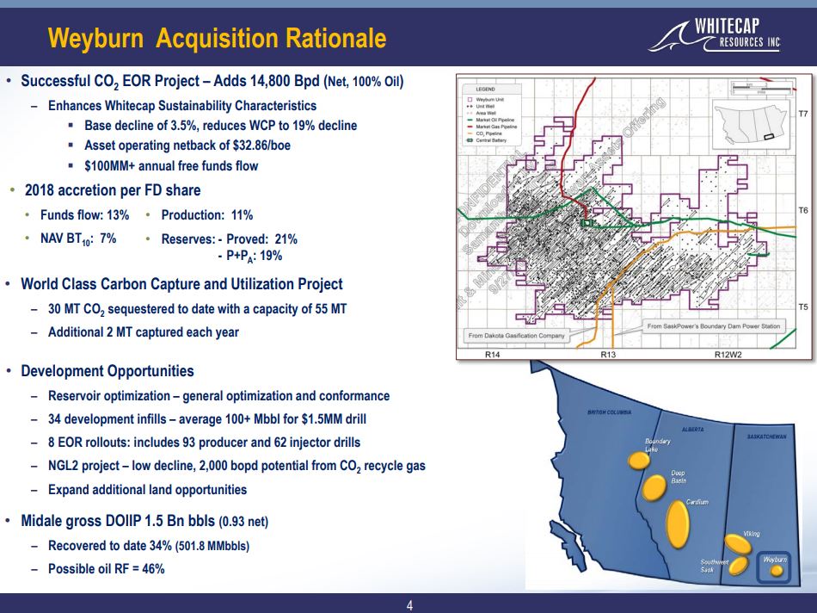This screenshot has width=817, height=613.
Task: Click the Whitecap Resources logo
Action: tap(718, 34)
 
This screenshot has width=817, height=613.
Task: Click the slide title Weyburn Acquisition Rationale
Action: tap(218, 39)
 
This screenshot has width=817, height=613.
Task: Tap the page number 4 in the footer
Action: tap(409, 604)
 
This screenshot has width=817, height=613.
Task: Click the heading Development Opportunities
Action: tap(107, 371)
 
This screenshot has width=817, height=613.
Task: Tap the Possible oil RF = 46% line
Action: tap(106, 569)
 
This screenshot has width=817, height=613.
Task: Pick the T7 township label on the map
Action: tap(803, 114)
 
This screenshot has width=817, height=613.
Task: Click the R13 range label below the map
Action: tap(608, 353)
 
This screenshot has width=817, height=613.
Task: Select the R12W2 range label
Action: tap(728, 353)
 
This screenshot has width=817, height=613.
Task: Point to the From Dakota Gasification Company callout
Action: tap(516, 335)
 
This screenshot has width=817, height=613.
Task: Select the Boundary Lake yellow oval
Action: tap(638, 461)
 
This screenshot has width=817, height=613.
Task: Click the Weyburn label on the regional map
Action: tap(775, 560)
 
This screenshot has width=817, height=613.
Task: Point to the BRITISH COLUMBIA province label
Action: tap(610, 412)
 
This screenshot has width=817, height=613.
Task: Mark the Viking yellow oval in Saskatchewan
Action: tap(737, 544)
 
